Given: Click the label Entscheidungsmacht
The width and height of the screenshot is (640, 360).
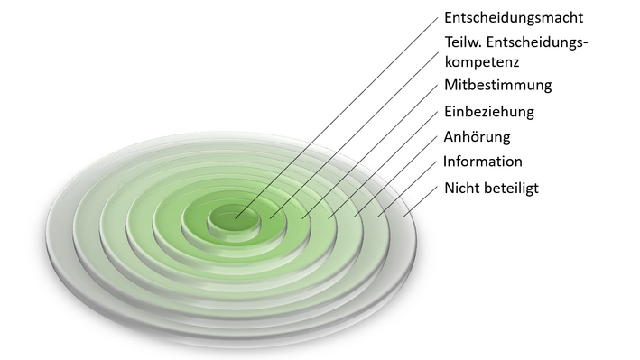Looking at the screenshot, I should pos(514,17).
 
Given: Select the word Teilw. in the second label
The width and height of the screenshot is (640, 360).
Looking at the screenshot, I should pos(464,42).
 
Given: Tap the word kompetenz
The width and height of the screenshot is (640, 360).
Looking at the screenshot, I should pos(483,62).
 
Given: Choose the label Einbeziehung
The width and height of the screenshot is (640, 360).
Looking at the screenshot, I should pos(489,112).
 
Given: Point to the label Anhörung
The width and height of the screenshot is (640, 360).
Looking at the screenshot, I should pos(478,137).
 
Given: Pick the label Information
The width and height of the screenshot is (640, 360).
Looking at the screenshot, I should pos(483,162).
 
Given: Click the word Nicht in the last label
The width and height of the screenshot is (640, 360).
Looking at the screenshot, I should pos(462,189).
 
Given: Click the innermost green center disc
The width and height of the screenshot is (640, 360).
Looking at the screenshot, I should pos(233,219).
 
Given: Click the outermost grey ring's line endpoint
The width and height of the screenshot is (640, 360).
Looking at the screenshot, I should pos(403,216).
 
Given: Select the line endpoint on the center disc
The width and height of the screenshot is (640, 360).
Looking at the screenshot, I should pos(237,217).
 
